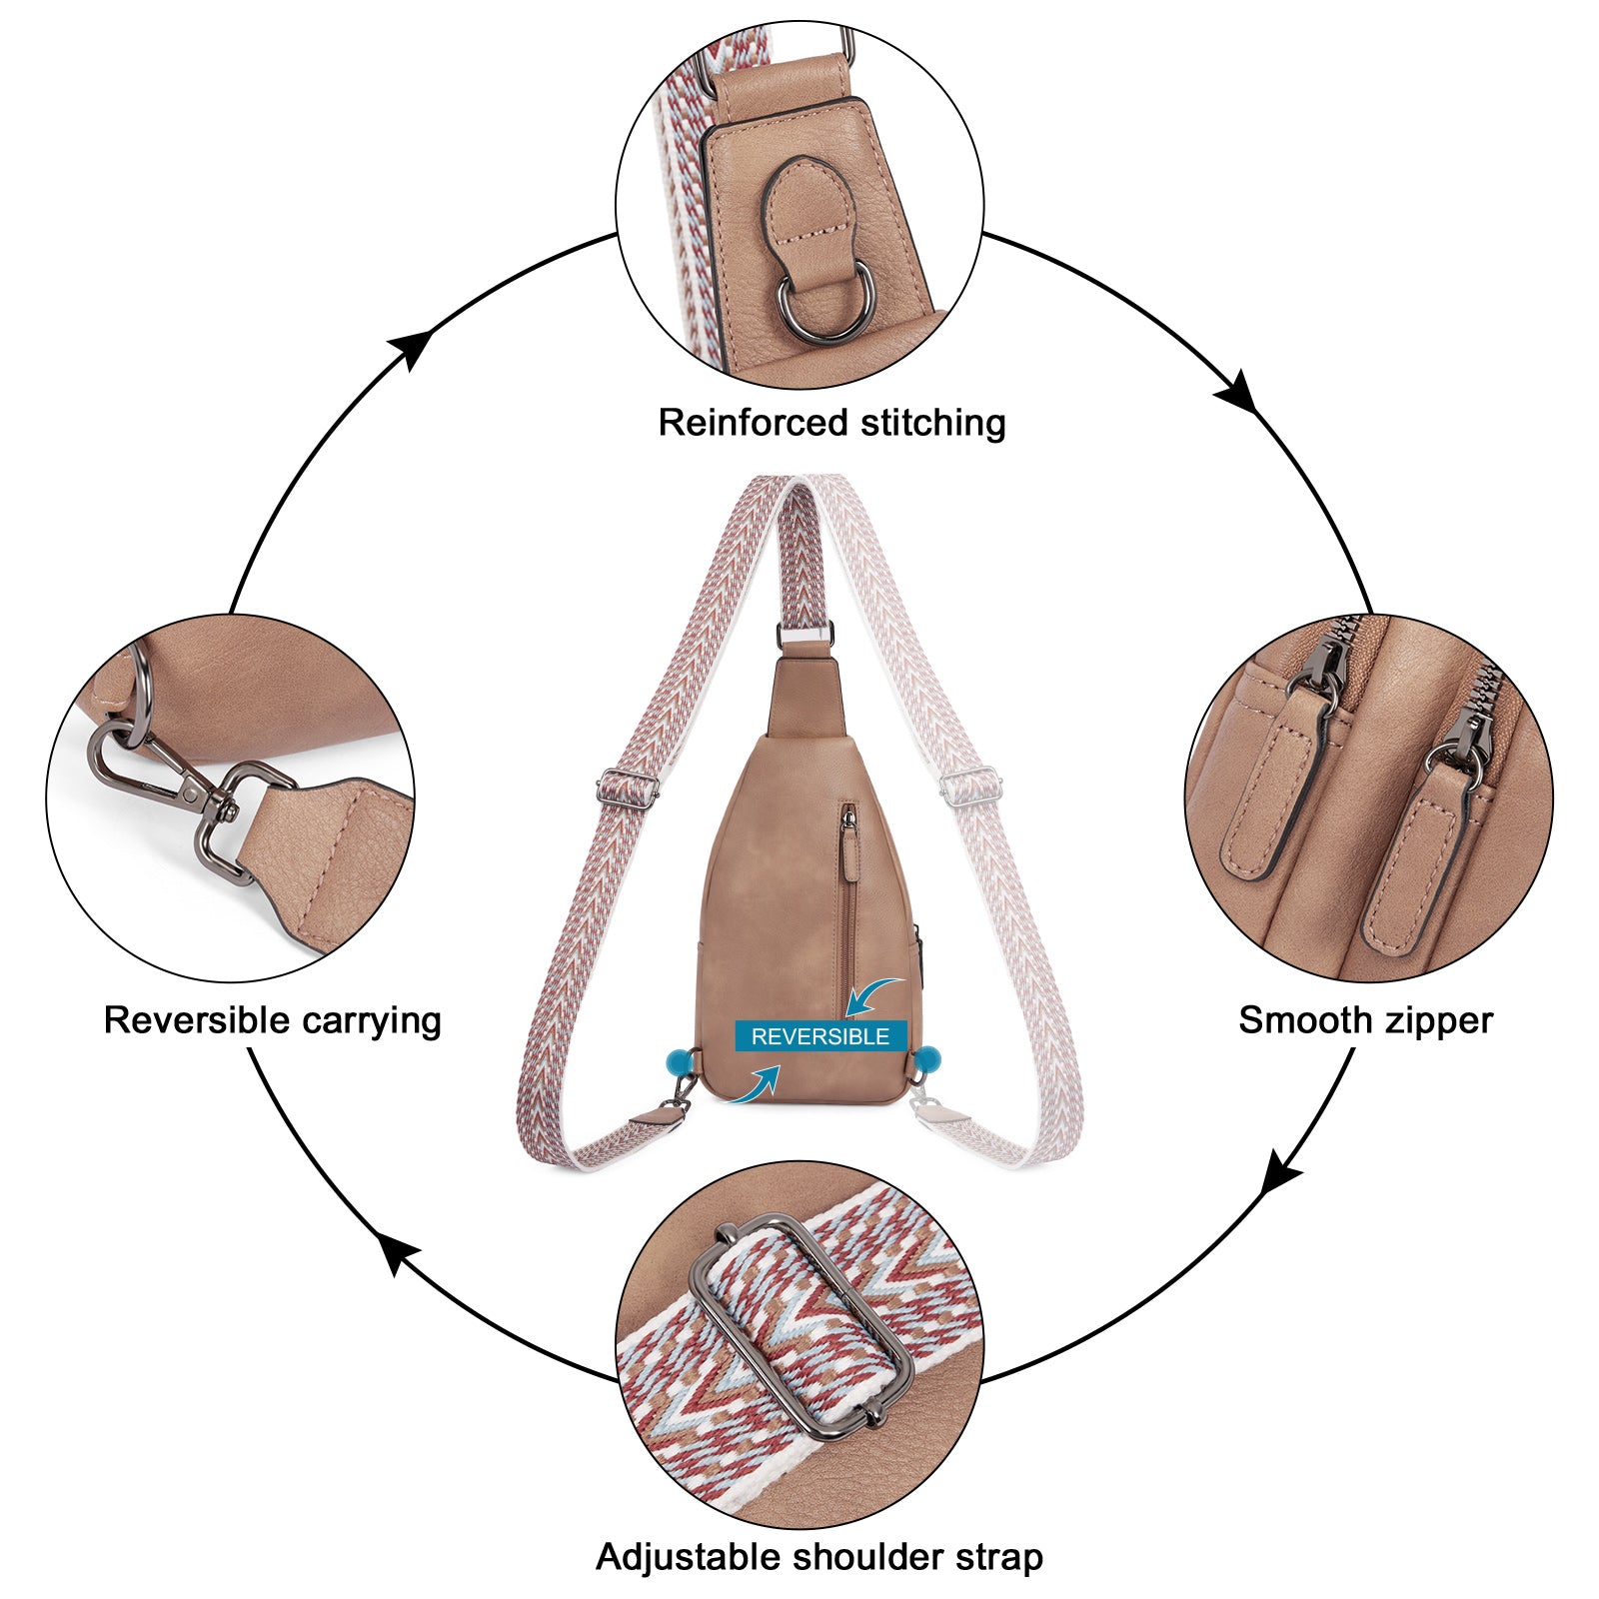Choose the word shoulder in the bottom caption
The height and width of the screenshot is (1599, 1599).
(x=861, y=1556)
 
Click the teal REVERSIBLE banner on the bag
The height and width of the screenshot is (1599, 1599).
(x=819, y=1036)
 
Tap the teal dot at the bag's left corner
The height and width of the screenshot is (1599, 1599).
(x=680, y=1059)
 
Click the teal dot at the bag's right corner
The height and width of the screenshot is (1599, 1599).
(x=927, y=1056)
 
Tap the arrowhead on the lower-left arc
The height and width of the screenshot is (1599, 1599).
(x=401, y=1253)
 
